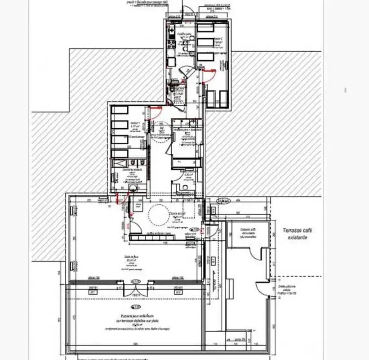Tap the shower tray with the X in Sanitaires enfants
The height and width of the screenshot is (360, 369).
coord(120,154)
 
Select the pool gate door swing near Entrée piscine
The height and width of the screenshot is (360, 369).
coord(262,288)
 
